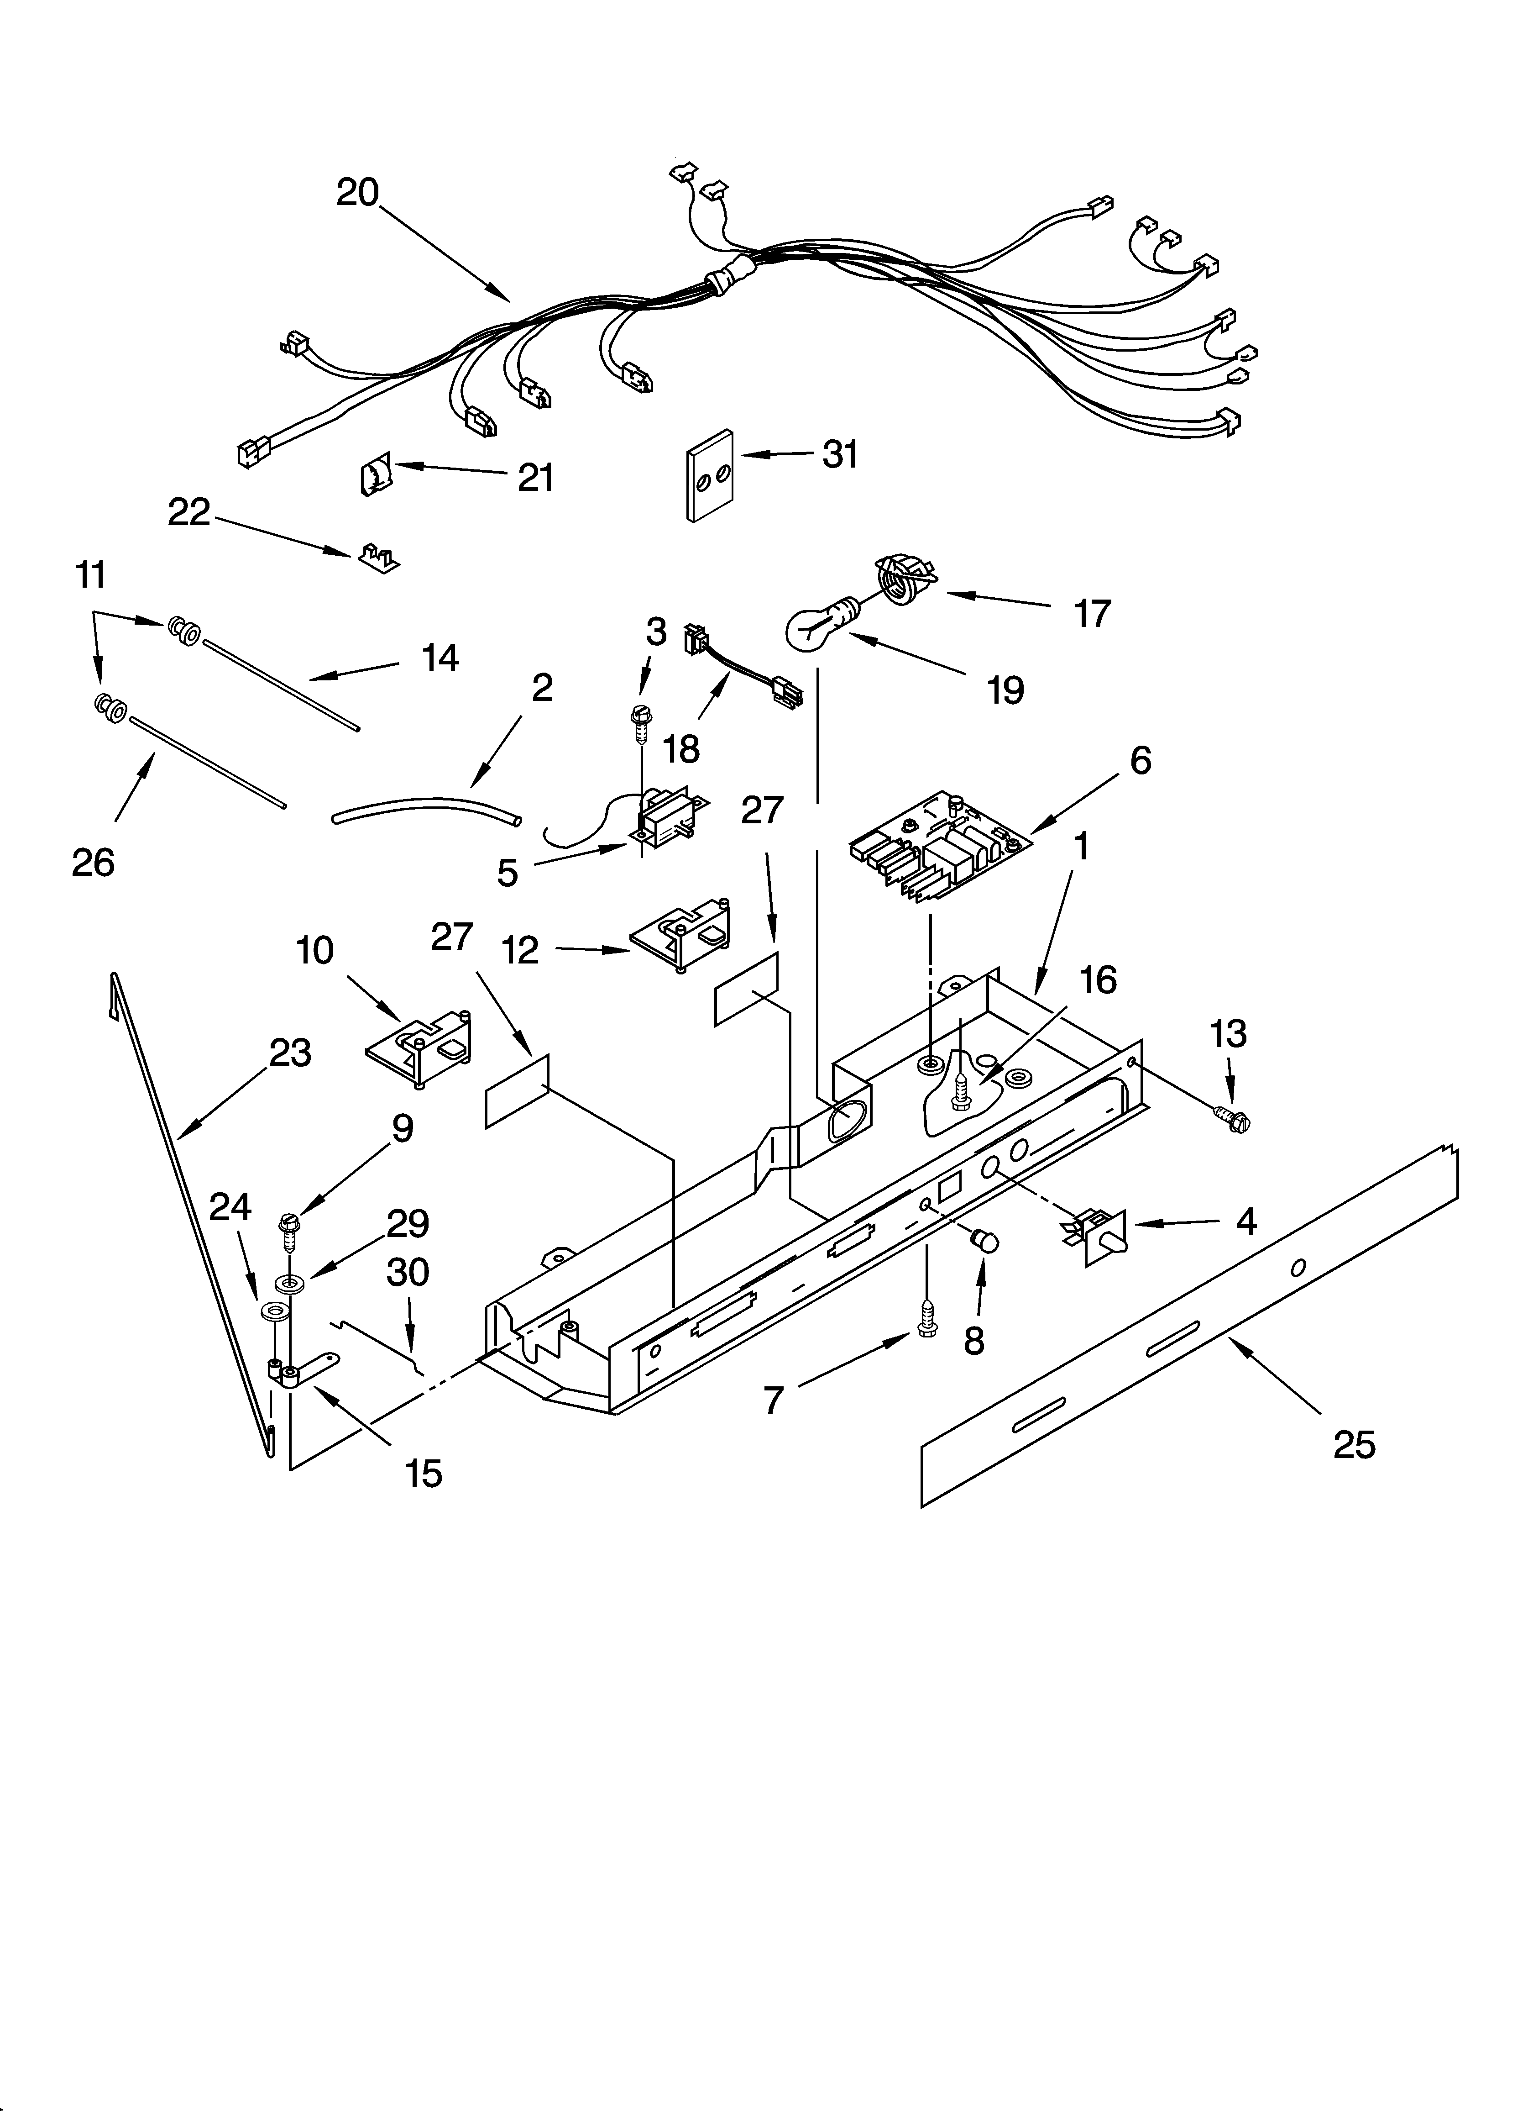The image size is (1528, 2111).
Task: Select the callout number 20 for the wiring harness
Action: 358,193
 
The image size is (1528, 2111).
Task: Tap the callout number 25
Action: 1354,1443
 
